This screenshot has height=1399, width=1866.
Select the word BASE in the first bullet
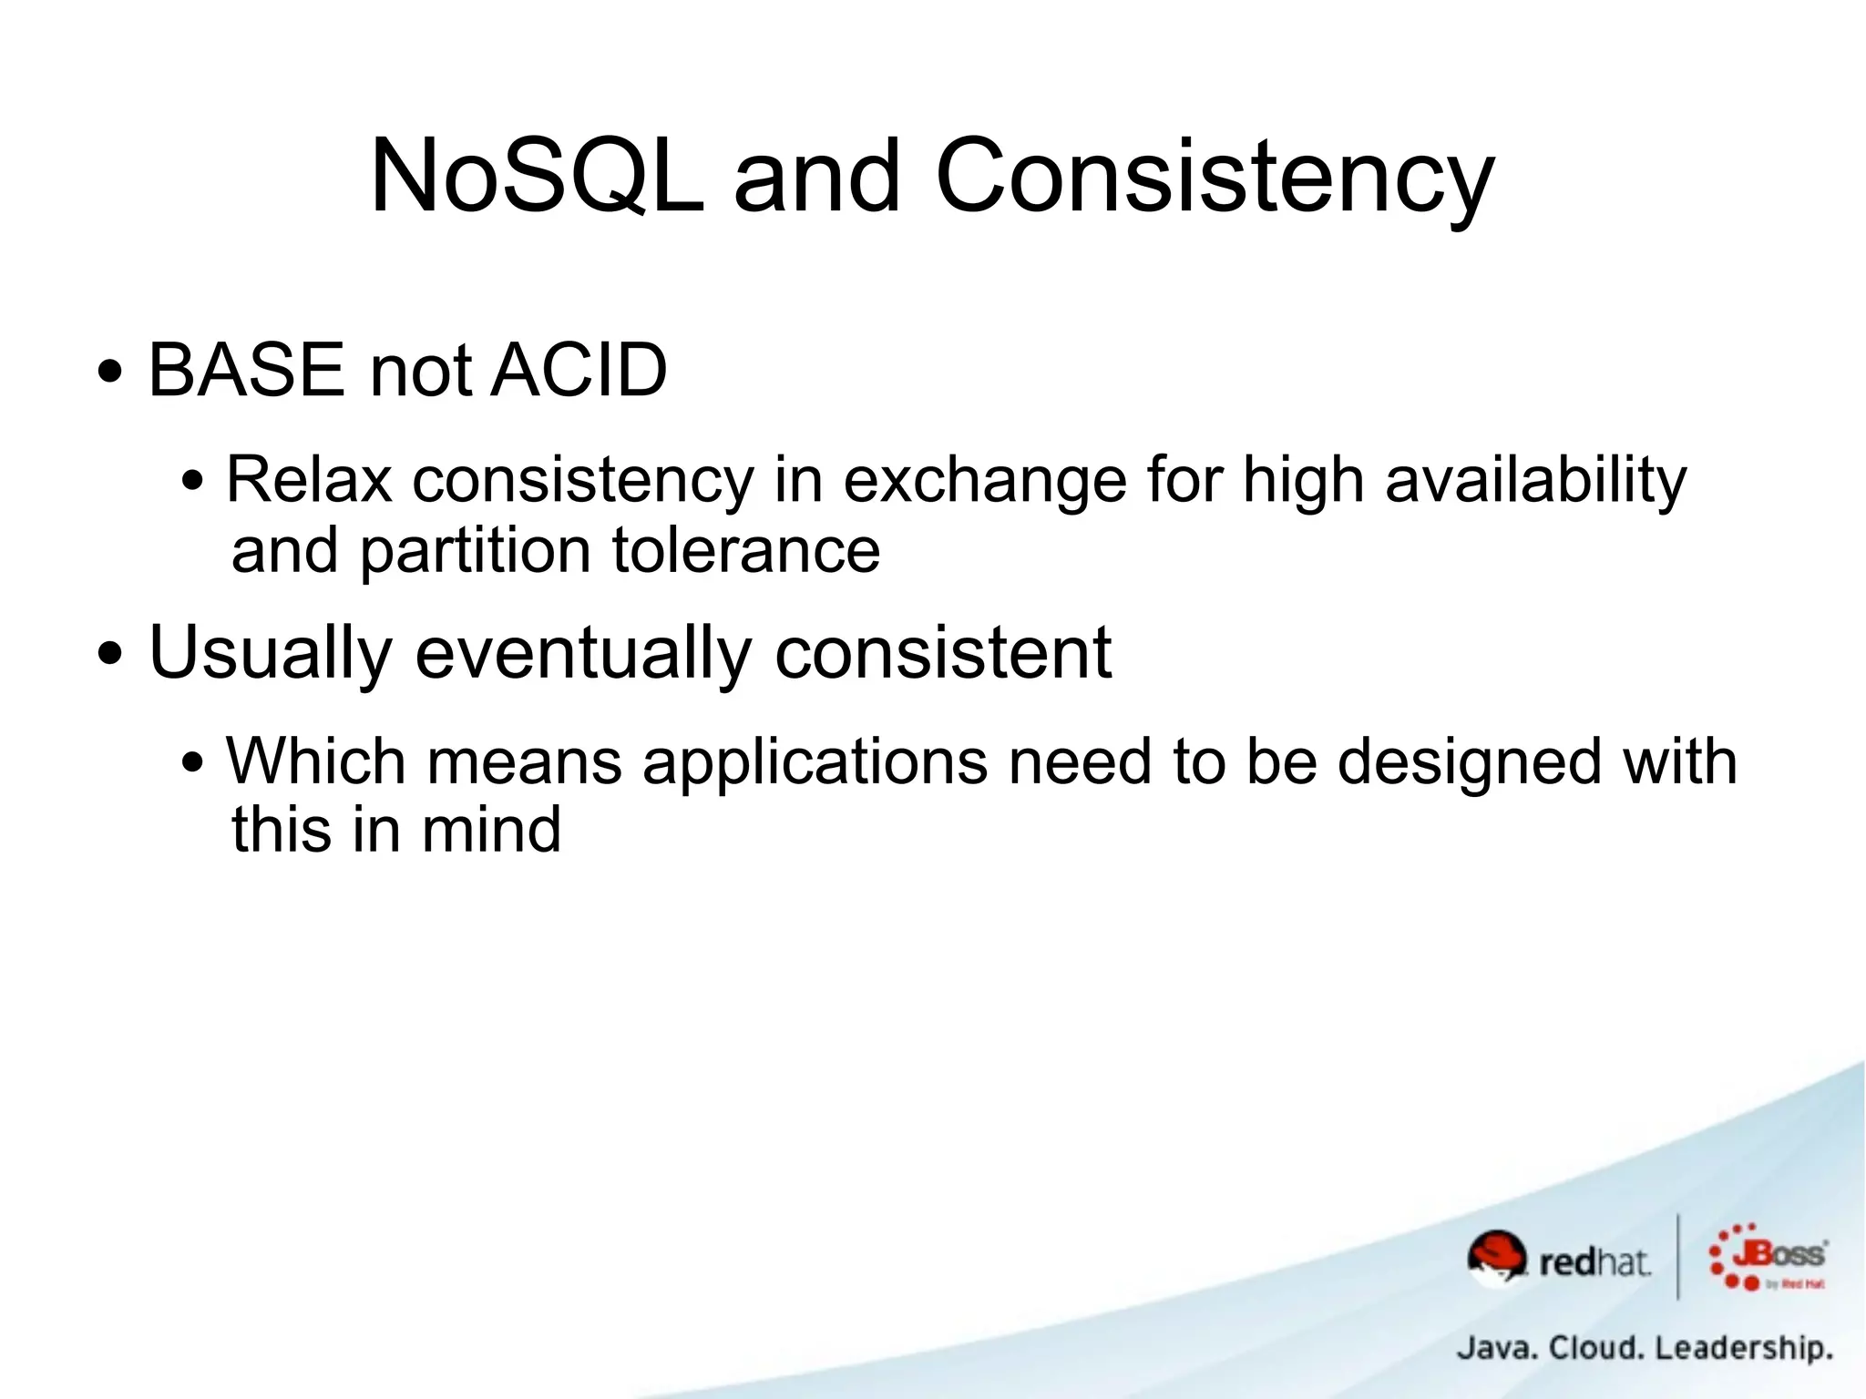point(246,370)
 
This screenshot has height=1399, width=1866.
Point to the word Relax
point(310,479)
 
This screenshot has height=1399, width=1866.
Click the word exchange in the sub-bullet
point(984,479)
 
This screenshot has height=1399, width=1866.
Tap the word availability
point(1536,479)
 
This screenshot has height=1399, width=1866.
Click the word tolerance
point(745,551)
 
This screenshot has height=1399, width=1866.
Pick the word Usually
point(271,652)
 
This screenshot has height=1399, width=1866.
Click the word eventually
point(584,652)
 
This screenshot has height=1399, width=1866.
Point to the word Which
point(316,761)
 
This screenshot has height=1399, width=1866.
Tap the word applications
point(815,761)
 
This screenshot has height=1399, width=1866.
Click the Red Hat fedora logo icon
point(1496,1258)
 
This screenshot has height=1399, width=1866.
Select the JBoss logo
point(1768,1258)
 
